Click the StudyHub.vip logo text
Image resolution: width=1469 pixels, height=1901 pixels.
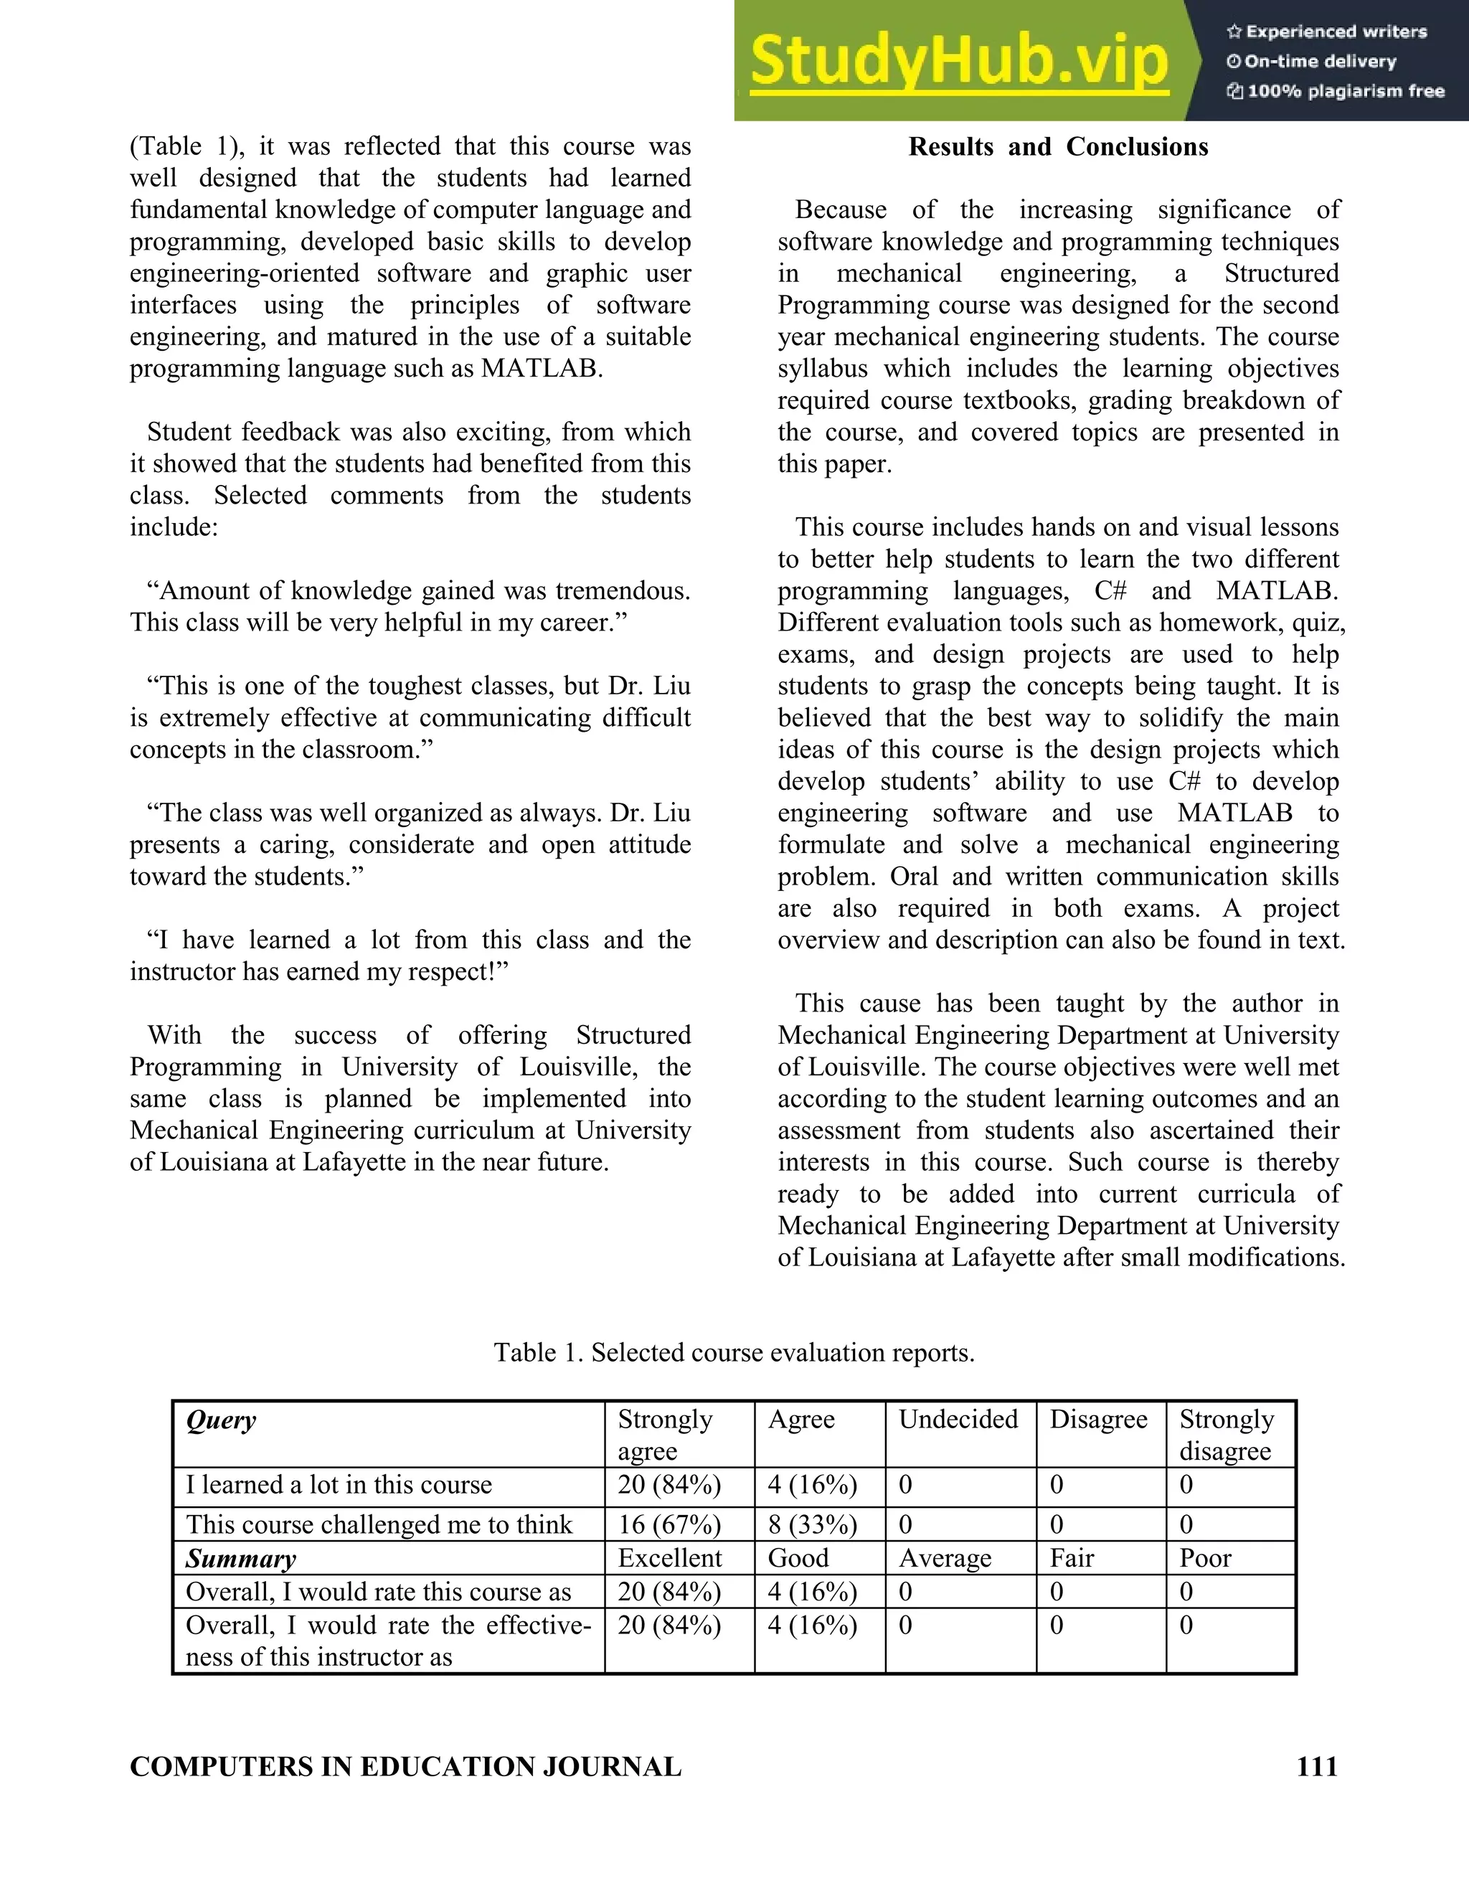click(959, 61)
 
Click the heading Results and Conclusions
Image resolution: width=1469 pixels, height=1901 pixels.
click(1058, 146)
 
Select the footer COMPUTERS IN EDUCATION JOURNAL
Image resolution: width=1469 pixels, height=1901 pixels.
click(405, 1766)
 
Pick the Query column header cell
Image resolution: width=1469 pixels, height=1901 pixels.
click(221, 1420)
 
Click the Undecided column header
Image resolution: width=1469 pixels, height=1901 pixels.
click(958, 1420)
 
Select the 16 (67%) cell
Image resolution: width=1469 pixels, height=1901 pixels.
click(669, 1524)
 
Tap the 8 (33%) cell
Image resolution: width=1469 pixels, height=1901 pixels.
click(812, 1524)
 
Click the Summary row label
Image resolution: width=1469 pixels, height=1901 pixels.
click(241, 1558)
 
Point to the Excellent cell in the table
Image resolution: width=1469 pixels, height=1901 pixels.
click(669, 1558)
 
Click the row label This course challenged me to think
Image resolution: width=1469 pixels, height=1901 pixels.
click(379, 1524)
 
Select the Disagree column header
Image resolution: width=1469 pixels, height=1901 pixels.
click(1098, 1420)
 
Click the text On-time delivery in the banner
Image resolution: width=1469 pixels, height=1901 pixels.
click(1319, 61)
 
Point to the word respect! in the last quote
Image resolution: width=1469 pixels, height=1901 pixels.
click(466, 971)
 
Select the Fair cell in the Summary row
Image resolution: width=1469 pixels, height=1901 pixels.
click(1072, 1558)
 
